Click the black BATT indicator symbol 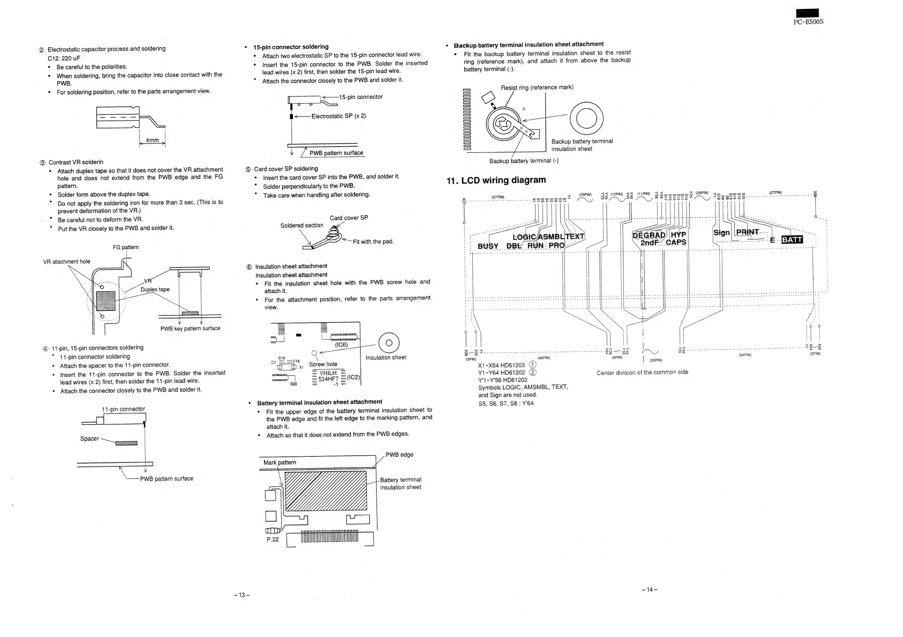[792, 240]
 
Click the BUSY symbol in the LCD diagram [488, 246]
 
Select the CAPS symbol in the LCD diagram [676, 242]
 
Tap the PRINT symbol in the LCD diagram [747, 232]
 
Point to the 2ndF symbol [649, 243]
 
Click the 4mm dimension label [152, 140]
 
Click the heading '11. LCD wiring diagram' [496, 181]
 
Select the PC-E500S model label [808, 22]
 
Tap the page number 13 [242, 595]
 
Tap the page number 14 [649, 589]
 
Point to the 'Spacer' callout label [90, 439]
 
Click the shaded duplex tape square [106, 301]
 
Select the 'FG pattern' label [126, 247]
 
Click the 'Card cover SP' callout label [349, 218]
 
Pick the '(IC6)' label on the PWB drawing [341, 345]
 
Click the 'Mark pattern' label [280, 463]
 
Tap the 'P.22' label [272, 539]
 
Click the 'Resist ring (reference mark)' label [537, 88]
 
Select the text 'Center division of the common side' [642, 372]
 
